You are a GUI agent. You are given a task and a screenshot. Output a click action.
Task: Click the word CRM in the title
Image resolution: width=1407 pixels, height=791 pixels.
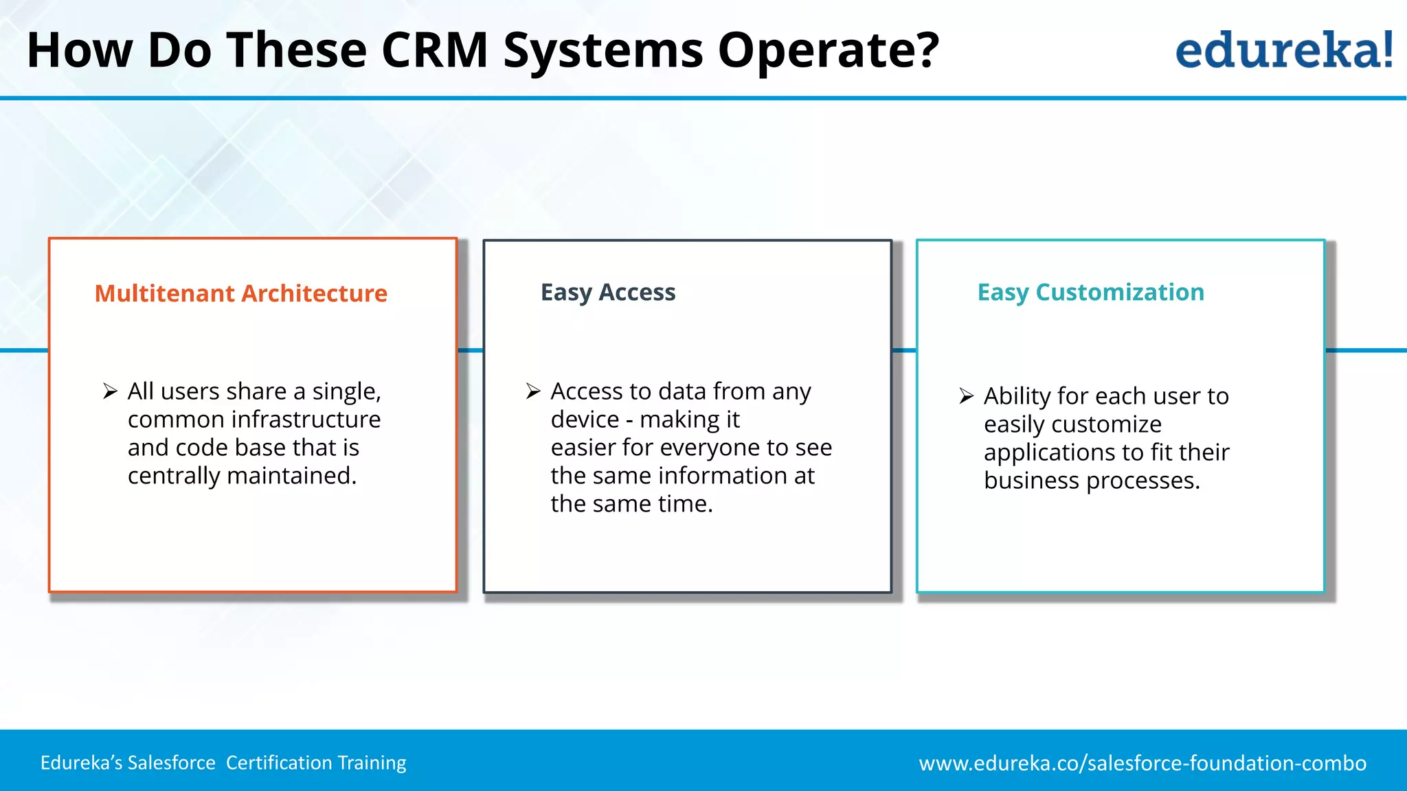[x=434, y=50]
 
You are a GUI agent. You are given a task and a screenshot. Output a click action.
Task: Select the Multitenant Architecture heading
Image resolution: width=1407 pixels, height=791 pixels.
[x=241, y=293]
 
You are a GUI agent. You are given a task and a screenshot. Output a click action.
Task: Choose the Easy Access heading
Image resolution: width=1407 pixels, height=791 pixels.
[x=608, y=293]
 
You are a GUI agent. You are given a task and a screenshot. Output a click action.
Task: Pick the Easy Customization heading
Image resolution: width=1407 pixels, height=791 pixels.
[x=1090, y=293]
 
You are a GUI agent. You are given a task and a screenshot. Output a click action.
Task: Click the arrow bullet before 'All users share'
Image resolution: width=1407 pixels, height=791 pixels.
[x=110, y=391]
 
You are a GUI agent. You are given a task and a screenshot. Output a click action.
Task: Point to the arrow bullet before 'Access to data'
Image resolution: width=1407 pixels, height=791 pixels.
[x=533, y=391]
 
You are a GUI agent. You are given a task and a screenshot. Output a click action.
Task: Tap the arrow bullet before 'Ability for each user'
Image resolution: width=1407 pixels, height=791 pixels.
[x=966, y=396]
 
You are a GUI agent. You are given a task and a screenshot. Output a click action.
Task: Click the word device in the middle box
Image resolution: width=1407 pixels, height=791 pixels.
[x=585, y=420]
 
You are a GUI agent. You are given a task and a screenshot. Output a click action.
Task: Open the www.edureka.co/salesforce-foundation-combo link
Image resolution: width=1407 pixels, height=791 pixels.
[x=1143, y=763]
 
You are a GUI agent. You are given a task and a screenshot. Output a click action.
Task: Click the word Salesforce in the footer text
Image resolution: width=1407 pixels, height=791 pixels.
[x=172, y=763]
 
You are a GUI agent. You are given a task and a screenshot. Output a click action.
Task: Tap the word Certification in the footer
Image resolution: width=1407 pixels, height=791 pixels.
[x=280, y=763]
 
